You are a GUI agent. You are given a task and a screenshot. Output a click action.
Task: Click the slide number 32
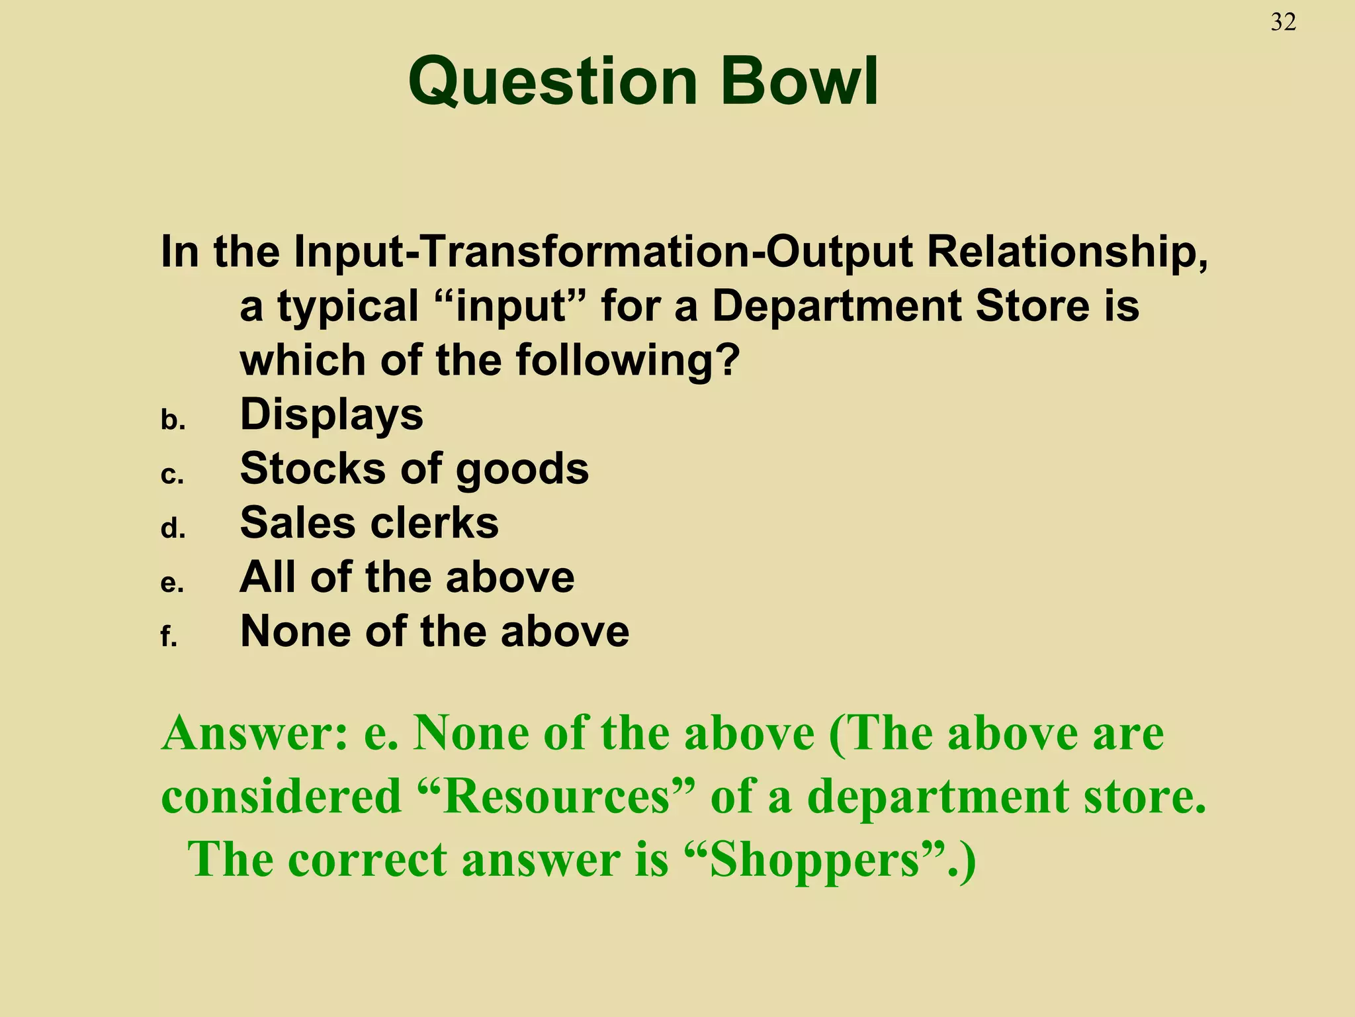coord(1283,23)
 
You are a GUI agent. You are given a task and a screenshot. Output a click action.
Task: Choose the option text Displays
coord(331,414)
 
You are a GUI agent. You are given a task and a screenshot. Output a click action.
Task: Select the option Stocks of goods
coord(414,469)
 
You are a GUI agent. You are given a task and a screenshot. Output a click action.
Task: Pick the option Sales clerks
coord(369,523)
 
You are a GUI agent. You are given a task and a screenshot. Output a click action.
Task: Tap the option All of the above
coord(407,577)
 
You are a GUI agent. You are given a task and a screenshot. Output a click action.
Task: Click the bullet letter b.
coord(173,420)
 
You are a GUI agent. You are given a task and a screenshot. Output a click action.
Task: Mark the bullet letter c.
coord(172,475)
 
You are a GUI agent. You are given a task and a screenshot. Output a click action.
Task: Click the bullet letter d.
coord(173,528)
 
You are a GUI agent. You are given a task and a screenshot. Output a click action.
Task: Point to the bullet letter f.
coord(169,636)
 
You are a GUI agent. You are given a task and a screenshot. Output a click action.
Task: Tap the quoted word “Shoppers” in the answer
coord(818,860)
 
